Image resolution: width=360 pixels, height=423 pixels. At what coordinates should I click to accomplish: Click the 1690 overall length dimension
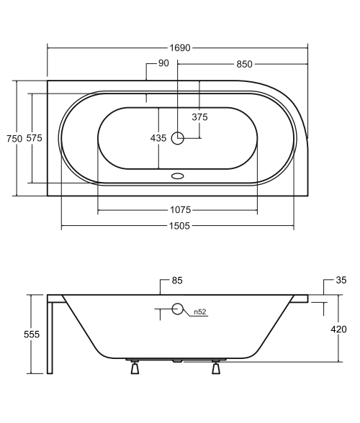click(x=180, y=48)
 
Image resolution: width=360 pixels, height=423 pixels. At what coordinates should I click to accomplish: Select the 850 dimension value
click(x=244, y=64)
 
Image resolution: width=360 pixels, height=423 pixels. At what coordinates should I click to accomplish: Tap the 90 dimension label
click(x=163, y=63)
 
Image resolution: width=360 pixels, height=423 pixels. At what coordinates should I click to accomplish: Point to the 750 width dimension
click(x=14, y=139)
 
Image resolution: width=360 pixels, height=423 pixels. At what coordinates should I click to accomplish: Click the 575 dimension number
click(x=35, y=138)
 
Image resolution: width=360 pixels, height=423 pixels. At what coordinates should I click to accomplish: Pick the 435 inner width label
click(x=158, y=138)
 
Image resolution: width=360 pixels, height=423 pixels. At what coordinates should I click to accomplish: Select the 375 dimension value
click(x=200, y=117)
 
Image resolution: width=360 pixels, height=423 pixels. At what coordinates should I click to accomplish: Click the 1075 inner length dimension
click(x=181, y=209)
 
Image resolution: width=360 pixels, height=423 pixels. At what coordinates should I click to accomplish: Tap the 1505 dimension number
click(x=179, y=226)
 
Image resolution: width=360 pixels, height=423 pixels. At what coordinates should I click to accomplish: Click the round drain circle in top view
click(x=177, y=138)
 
